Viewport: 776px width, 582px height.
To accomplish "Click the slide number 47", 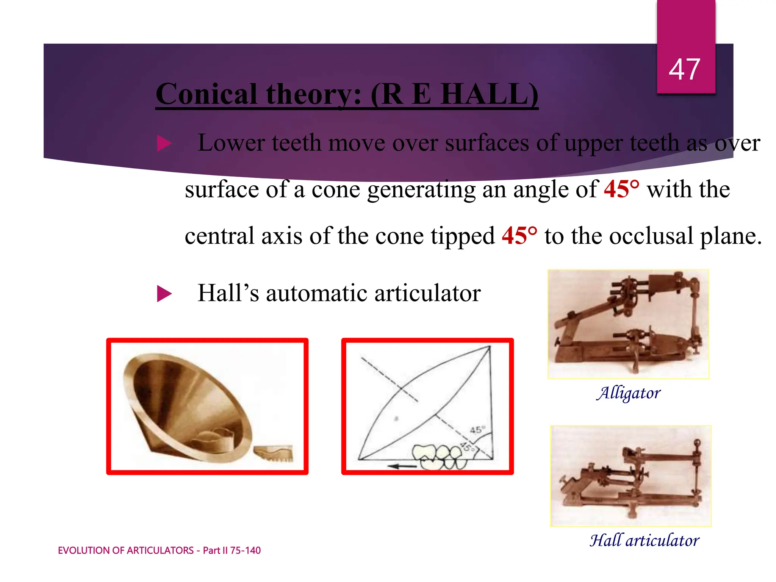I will pyautogui.click(x=684, y=69).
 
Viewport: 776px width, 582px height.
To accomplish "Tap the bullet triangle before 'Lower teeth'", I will pyautogui.click(x=164, y=144).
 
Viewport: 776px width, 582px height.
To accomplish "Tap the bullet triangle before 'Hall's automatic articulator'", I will pyautogui.click(x=164, y=294).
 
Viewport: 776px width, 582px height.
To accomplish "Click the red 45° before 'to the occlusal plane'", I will pyautogui.click(x=519, y=236).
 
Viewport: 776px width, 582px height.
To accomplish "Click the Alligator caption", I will pyautogui.click(x=629, y=393).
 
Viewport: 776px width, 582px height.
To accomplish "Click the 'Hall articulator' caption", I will pyautogui.click(x=645, y=540).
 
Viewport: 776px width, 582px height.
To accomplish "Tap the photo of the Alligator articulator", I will pyautogui.click(x=628, y=324).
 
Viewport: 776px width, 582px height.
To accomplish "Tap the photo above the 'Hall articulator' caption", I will pyautogui.click(x=630, y=476).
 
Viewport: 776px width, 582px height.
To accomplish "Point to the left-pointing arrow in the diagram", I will pyautogui.click(x=402, y=466).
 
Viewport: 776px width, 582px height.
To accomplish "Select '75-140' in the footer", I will pyautogui.click(x=245, y=551).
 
